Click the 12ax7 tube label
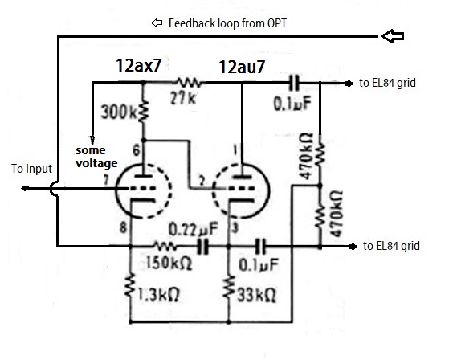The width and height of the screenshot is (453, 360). [138, 65]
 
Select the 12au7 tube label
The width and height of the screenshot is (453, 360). [242, 67]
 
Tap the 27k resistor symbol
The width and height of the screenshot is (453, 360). [190, 83]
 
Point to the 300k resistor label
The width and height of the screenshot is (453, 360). [118, 112]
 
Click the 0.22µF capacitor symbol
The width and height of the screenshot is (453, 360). [203, 247]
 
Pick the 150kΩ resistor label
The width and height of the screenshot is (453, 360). [169, 263]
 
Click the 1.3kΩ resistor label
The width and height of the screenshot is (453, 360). [158, 295]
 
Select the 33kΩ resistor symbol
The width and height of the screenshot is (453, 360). [229, 286]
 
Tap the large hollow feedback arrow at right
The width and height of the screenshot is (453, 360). [392, 36]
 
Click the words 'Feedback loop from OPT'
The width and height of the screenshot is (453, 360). [227, 23]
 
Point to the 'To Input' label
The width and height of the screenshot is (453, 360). [31, 169]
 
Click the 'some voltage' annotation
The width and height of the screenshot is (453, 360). [96, 157]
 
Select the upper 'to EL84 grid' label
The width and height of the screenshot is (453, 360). [387, 83]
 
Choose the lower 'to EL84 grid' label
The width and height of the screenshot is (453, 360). [391, 246]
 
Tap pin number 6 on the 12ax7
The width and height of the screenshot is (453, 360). [136, 150]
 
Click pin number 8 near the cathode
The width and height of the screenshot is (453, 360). [123, 227]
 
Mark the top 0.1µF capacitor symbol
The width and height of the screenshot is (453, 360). [295, 84]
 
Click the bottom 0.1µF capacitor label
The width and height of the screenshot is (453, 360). [259, 264]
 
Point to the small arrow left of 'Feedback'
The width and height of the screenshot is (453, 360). [157, 22]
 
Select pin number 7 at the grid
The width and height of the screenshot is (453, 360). [106, 180]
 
